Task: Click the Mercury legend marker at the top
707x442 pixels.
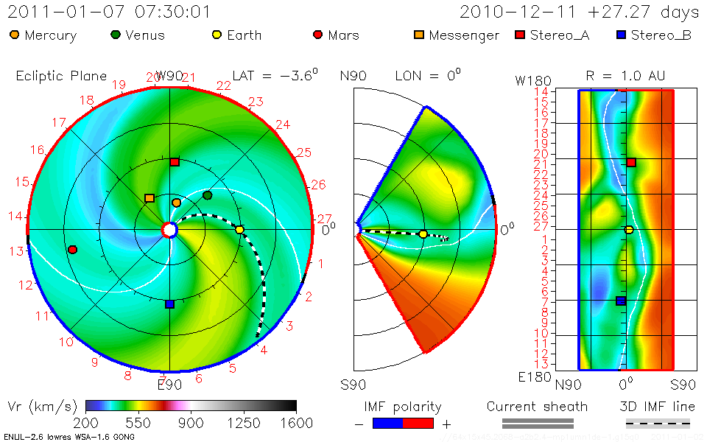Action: click(x=15, y=35)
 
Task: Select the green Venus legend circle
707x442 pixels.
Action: click(x=116, y=35)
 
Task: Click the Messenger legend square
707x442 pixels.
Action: click(x=418, y=35)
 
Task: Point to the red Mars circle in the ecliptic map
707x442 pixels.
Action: click(x=72, y=250)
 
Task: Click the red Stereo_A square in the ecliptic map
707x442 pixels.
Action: click(x=175, y=161)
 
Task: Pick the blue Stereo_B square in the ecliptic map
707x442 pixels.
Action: click(x=169, y=304)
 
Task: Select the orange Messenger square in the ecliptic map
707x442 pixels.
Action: click(x=150, y=198)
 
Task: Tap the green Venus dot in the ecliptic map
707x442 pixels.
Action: click(x=207, y=195)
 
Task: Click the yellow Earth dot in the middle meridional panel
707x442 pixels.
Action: click(x=423, y=234)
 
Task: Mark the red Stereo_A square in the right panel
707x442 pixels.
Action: click(x=631, y=162)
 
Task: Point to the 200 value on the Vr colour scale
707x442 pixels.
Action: click(x=86, y=423)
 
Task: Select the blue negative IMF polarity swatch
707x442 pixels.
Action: click(x=388, y=423)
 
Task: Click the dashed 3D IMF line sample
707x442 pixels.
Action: click(x=658, y=423)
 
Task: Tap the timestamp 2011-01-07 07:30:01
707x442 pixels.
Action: click(x=109, y=13)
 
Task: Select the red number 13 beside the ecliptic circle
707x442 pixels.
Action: click(x=16, y=251)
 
